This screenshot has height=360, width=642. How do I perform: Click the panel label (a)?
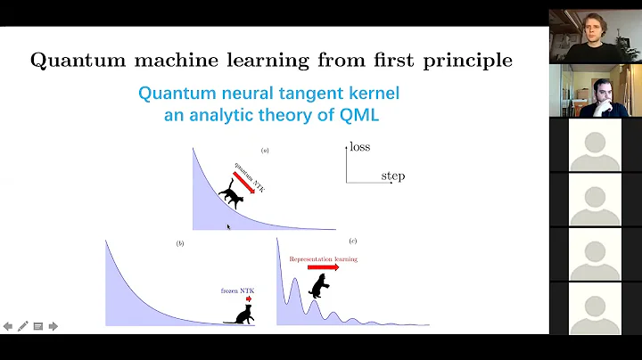265,151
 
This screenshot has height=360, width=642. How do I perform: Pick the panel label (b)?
180,242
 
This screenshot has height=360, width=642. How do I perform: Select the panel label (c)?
354,242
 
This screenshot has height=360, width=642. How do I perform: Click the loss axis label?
359,146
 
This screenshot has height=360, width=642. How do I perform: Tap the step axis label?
392,176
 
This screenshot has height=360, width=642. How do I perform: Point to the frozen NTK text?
236,290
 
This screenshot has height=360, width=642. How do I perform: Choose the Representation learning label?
323,258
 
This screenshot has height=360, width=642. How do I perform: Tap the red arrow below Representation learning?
323,266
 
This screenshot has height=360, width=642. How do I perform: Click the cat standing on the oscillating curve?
317,286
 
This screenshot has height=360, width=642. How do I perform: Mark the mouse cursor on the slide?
228,227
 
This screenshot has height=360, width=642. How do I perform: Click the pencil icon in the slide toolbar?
22,326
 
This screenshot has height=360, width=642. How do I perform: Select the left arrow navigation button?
8,326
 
